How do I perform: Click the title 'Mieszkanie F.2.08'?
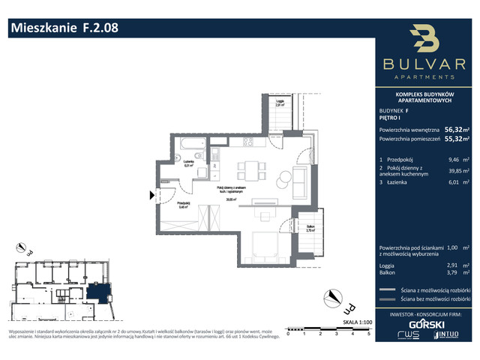coord(63,29)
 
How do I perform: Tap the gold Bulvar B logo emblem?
coord(424,40)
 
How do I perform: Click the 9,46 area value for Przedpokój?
coord(453,160)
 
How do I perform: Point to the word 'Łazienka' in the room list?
coord(398,181)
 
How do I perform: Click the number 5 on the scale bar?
coord(368,334)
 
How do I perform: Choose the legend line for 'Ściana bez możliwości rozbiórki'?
coord(387,298)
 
